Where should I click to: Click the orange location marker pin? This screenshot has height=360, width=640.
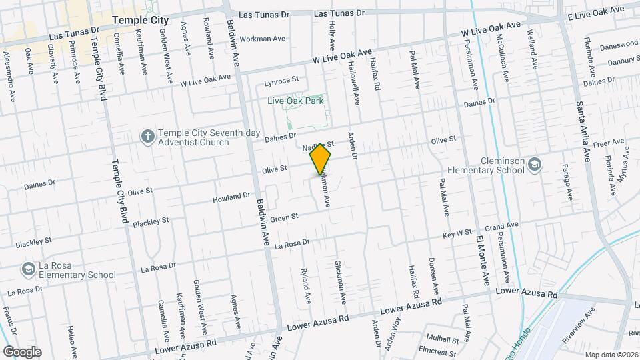coord(321,159)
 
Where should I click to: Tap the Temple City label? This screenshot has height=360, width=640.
coord(141,21)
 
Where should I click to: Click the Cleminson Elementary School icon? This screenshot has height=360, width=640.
coord(535,164)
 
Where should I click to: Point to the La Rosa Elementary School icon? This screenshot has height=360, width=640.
coord(28,269)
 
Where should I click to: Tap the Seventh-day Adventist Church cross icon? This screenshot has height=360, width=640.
coord(147,137)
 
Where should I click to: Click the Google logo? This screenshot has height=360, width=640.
coord(22,352)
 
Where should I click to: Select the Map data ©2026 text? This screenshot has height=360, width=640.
coord(611,355)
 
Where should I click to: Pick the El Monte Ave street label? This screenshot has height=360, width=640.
coord(481,257)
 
